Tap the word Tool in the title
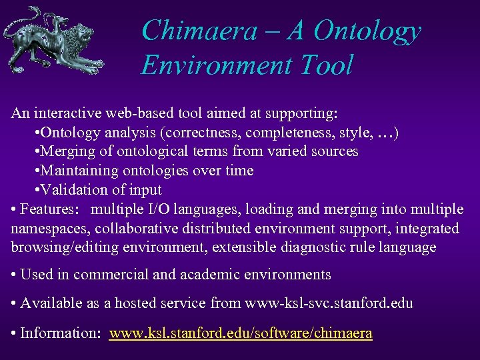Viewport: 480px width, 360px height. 326,65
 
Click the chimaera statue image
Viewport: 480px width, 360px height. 54,40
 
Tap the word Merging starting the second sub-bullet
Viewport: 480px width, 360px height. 68,151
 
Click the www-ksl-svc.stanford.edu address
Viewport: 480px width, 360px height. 329,303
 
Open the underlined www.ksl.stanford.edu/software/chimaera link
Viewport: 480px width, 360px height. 241,333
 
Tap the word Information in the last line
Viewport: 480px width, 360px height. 57,333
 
